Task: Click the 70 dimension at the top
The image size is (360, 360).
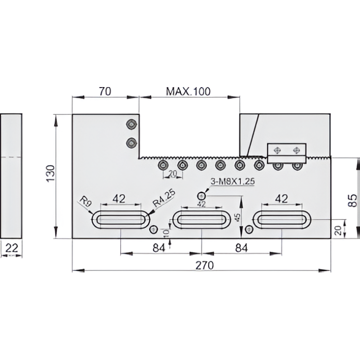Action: pos(105,91)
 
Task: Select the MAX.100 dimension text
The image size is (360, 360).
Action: pos(188,91)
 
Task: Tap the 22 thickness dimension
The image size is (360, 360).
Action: pos(12,248)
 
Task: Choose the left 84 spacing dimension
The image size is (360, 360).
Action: pos(159,248)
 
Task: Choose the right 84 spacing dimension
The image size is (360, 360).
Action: pos(240,248)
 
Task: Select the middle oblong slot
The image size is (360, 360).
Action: pos(201,220)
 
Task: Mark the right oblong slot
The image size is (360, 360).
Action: pos(282,220)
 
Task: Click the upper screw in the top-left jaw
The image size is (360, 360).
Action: pos(130,125)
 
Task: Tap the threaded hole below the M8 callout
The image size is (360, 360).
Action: pos(201,196)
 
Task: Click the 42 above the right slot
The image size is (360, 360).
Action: pos(282,198)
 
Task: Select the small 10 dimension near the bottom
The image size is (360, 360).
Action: pos(167,234)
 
